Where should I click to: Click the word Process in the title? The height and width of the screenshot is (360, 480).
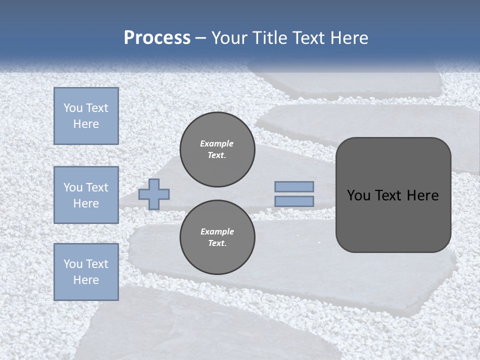pyautogui.click(x=157, y=38)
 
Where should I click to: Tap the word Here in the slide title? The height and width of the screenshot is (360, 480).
pyautogui.click(x=348, y=38)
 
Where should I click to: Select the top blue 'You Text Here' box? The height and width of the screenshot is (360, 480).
pyautogui.click(x=86, y=116)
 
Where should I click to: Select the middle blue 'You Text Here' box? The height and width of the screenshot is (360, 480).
pyautogui.click(x=86, y=195)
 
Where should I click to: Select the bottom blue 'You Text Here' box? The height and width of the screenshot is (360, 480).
pyautogui.click(x=86, y=272)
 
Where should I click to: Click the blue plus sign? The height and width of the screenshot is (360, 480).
pyautogui.click(x=154, y=194)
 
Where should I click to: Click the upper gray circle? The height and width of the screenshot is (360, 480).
pyautogui.click(x=217, y=149)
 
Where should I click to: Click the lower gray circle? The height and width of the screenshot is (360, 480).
pyautogui.click(x=217, y=237)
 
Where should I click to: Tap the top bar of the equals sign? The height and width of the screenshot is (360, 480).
pyautogui.click(x=294, y=186)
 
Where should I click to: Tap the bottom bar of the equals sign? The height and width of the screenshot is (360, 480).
pyautogui.click(x=294, y=201)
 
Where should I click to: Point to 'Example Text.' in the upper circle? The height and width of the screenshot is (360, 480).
pyautogui.click(x=217, y=149)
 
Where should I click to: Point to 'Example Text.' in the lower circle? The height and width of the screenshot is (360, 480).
pyautogui.click(x=217, y=237)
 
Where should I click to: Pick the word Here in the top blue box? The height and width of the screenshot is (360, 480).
pyautogui.click(x=86, y=124)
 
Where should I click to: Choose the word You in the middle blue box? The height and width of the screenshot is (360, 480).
pyautogui.click(x=72, y=187)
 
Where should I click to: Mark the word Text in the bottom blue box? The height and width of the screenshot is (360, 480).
pyautogui.click(x=97, y=264)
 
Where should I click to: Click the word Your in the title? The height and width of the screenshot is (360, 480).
pyautogui.click(x=230, y=38)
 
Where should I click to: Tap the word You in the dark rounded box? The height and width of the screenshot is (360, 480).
pyautogui.click(x=358, y=195)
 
